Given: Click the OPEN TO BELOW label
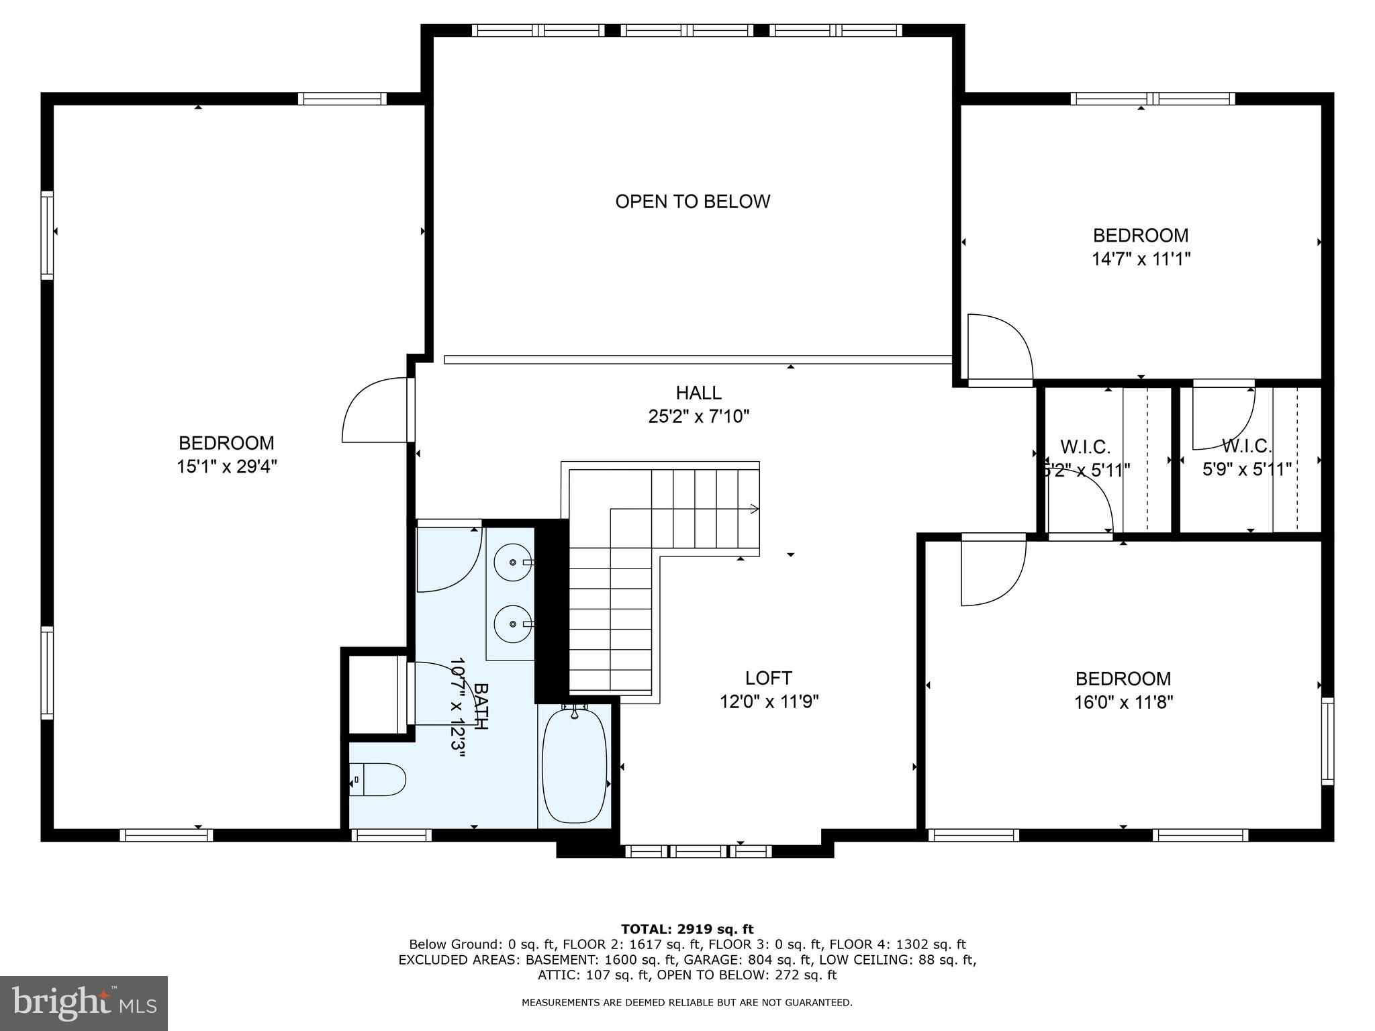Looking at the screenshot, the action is tap(692, 201).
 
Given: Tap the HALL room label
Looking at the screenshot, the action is tap(698, 393).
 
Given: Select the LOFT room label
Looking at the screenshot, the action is tap(768, 678).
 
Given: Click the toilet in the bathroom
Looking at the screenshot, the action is tap(377, 779).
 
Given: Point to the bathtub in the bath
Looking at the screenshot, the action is tap(574, 765).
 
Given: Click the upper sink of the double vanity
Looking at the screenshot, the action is tap(514, 562).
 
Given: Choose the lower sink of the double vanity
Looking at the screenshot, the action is tap(514, 624).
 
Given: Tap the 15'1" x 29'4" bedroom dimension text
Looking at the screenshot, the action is tap(227, 467).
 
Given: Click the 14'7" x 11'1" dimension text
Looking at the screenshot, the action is tap(1141, 259).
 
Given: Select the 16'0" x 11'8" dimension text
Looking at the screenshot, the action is tap(1123, 702).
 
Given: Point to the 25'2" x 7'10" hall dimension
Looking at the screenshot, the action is tap(698, 417).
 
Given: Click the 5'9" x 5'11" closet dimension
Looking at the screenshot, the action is tap(1247, 469).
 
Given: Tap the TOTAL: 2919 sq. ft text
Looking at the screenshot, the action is tap(687, 930).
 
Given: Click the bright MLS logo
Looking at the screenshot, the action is tap(84, 1003).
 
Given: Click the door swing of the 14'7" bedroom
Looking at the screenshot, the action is tap(1000, 349).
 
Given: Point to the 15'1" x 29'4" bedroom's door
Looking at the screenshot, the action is tap(377, 410).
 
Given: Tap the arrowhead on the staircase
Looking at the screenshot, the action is tap(755, 509).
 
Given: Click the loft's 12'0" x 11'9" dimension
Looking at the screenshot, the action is tap(769, 702).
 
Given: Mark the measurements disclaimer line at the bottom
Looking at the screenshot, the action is tap(687, 1003).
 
